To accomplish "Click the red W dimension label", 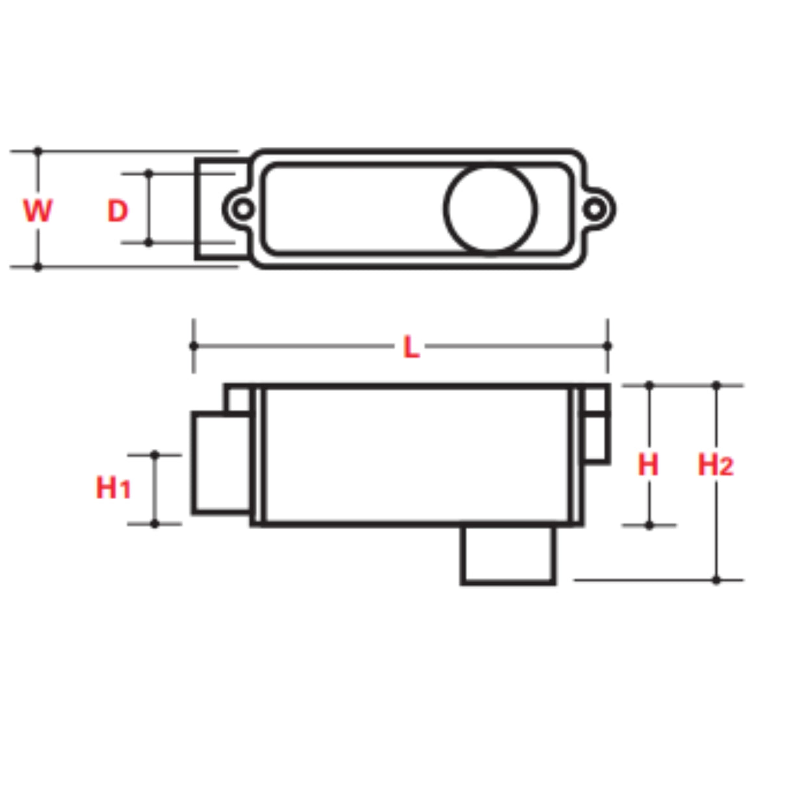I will (38, 211).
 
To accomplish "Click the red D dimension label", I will (118, 211).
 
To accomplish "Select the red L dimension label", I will (411, 348).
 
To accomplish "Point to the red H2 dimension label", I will (716, 465).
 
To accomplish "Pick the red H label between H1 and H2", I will (648, 465).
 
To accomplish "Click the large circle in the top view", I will (491, 209).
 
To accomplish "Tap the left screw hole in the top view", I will (244, 209).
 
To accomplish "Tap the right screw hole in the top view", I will (595, 209).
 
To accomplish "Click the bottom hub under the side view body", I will (508, 554).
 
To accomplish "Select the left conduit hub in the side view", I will (221, 463).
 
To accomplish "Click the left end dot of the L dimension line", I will (194, 346).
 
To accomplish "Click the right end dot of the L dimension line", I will (608, 346).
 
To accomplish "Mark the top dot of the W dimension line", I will (38, 151).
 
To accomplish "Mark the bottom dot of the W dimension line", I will (38, 266).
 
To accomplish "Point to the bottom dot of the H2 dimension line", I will (716, 580).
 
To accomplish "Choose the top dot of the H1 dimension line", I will (155, 455).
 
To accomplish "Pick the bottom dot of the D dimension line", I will (148, 242).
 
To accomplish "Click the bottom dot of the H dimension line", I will (649, 524).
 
